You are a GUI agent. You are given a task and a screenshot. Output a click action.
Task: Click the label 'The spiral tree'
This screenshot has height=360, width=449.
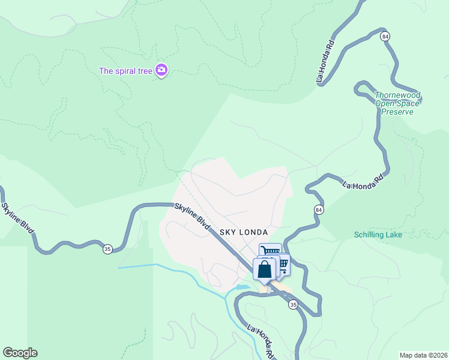[x=126, y=71]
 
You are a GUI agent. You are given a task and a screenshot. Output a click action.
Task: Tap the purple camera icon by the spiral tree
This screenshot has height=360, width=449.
[x=161, y=71]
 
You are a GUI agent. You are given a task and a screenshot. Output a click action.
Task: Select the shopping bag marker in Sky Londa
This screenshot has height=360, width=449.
[x=264, y=269]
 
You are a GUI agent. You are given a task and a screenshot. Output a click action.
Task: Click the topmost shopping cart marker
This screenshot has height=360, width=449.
[x=271, y=251]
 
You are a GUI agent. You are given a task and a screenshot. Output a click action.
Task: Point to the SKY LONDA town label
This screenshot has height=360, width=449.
[x=243, y=232]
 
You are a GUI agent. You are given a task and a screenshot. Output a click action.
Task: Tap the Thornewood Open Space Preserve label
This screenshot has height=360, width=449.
[x=397, y=103]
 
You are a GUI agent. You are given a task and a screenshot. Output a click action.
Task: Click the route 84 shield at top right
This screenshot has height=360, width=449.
[x=385, y=37]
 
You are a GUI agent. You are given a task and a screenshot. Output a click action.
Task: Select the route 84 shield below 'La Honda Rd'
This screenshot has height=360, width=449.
[x=318, y=209]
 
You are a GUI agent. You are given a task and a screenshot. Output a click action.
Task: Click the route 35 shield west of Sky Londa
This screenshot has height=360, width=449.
[x=107, y=249]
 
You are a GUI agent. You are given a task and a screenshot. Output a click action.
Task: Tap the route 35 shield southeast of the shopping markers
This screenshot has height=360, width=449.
[x=292, y=305]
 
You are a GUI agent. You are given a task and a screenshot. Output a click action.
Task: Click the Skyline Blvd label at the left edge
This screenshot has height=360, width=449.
[x=17, y=220]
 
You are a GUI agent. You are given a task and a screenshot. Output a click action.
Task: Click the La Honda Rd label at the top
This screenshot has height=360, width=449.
[x=325, y=61]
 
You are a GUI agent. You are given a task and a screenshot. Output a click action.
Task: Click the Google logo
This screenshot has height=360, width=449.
[x=20, y=353]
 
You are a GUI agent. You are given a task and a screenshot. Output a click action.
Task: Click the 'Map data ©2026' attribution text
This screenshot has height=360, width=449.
[x=423, y=355]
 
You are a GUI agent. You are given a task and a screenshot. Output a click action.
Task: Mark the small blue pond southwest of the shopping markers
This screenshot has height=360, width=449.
[x=242, y=287]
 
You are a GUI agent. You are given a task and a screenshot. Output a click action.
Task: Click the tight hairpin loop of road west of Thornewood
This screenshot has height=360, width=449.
[x=361, y=89]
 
